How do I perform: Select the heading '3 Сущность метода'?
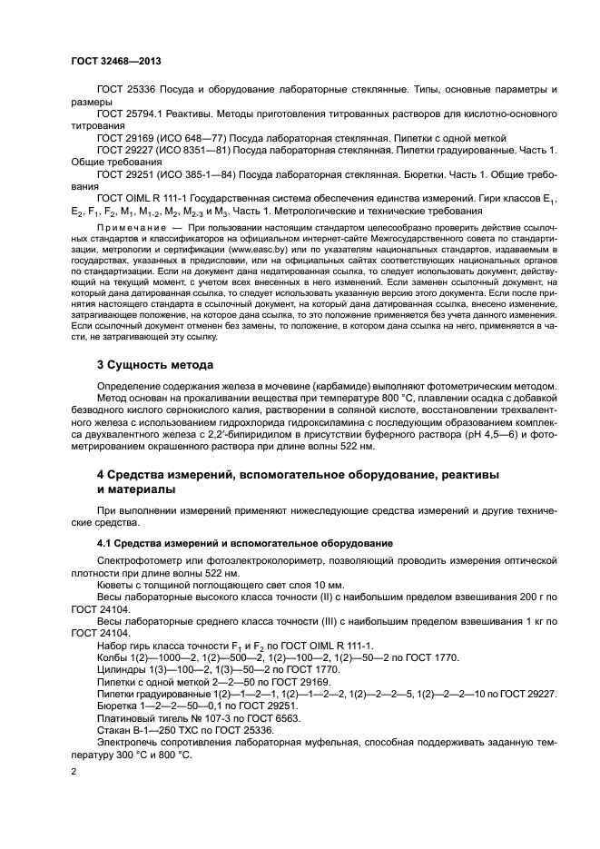(154, 365)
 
